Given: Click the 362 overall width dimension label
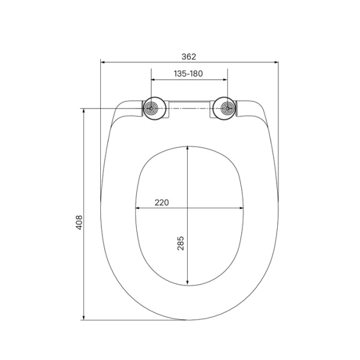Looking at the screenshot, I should pos(188,56).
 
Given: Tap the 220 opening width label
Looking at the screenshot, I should pos(161,203).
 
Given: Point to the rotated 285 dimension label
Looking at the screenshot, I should pos(181,243).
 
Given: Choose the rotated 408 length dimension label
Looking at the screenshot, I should pos(79,221).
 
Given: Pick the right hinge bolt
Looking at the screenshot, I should pos(227,109).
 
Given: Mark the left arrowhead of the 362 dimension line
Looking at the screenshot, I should pos(103,61).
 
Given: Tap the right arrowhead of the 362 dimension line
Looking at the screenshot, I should pos(277,61).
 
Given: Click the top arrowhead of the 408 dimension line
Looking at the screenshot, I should pos(84,111).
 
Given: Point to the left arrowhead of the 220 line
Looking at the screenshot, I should pos(138,209).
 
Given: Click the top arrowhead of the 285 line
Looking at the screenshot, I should pos(188,148).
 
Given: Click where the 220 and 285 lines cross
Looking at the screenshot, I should pos(188,209).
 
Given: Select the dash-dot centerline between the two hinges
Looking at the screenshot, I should pos(188,109).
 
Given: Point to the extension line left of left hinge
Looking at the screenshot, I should pos(114,109).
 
